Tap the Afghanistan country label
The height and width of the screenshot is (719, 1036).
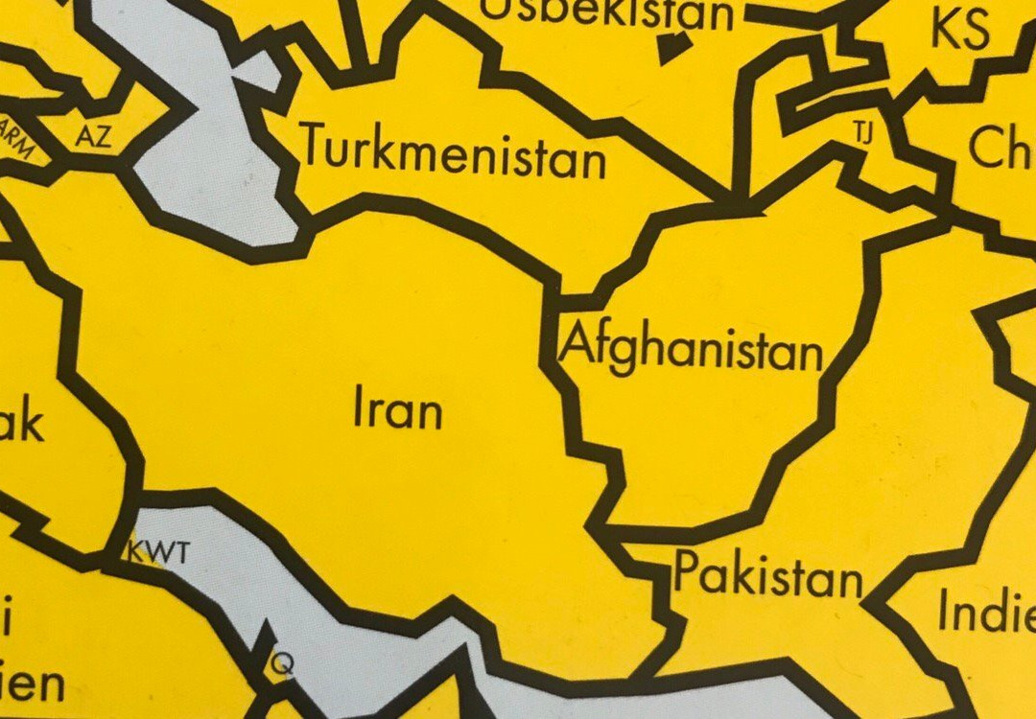[x=692, y=350]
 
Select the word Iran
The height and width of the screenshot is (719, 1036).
[x=398, y=409]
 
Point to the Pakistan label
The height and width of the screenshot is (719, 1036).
[x=767, y=576]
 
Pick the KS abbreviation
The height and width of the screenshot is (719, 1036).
[x=958, y=31]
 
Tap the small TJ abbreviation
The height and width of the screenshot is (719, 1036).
[x=862, y=133]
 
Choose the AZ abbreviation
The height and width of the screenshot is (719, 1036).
[x=93, y=137]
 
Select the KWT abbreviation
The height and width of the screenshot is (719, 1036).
[x=159, y=553]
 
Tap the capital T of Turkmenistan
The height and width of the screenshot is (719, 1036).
[x=316, y=146]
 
